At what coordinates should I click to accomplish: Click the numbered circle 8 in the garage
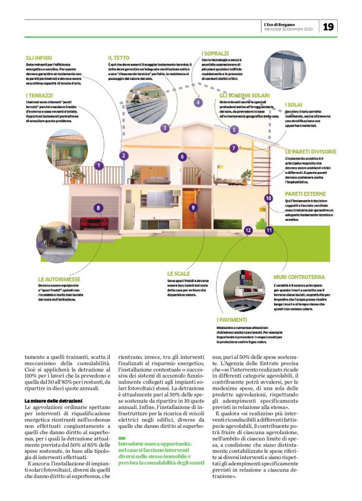pos(97,207)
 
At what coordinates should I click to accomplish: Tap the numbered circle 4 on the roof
pos(198,102)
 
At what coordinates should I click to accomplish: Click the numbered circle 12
pos(248,230)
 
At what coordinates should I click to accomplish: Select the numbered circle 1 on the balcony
pos(99,165)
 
